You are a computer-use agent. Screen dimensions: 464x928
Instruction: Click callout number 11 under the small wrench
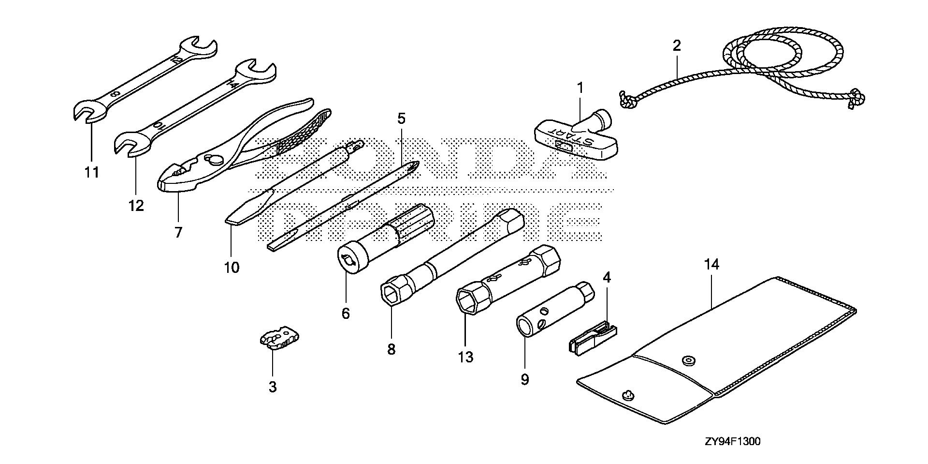click(92, 172)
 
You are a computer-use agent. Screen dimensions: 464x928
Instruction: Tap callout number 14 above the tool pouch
click(711, 265)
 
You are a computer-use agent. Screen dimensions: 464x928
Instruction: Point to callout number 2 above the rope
click(677, 46)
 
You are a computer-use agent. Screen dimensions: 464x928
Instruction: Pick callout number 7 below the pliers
click(178, 233)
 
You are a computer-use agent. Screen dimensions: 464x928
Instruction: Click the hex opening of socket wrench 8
click(391, 293)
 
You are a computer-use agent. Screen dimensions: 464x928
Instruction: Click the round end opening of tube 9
click(525, 326)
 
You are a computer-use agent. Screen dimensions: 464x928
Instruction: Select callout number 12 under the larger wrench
click(136, 206)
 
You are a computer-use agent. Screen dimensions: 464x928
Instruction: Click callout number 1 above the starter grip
click(580, 89)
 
